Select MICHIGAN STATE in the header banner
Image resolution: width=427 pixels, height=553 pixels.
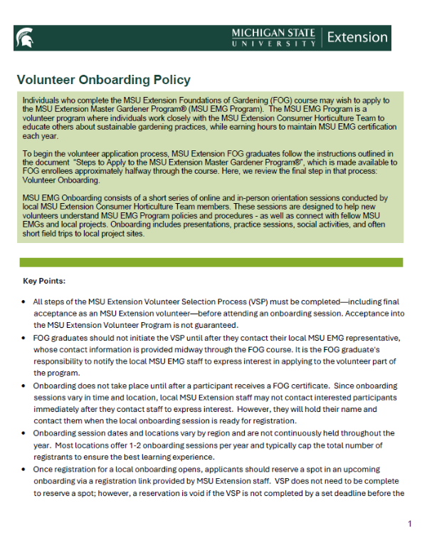point(274,33)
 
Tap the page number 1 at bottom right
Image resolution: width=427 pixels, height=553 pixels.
point(410,524)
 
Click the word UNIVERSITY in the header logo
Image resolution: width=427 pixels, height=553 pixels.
point(274,43)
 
